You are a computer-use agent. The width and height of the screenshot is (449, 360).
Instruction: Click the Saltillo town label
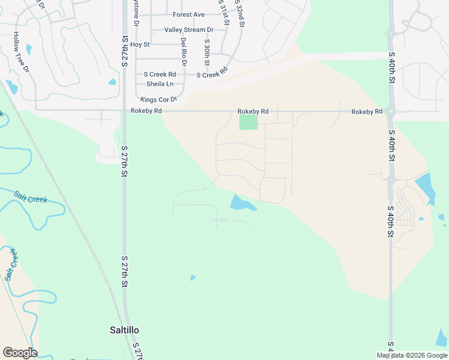tap(124, 330)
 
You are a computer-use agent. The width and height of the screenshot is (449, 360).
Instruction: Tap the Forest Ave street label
tap(188, 14)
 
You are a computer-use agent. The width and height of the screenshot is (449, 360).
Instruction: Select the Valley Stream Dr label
tap(189, 29)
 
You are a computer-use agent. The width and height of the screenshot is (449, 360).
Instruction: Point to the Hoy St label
tap(139, 44)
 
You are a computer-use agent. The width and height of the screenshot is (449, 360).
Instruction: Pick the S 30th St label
tap(206, 53)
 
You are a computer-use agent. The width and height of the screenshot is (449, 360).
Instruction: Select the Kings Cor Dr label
tap(158, 99)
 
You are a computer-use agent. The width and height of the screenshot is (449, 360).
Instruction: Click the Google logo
tap(20, 353)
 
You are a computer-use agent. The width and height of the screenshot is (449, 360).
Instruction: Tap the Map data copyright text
tap(412, 355)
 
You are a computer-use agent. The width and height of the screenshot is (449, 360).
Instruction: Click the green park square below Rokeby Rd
tap(249, 122)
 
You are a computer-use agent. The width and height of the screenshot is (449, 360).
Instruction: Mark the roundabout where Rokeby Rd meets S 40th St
tap(391, 111)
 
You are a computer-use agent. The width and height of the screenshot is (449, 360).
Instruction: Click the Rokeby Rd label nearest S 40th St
tap(367, 112)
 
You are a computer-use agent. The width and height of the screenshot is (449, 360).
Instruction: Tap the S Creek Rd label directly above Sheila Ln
tap(155, 74)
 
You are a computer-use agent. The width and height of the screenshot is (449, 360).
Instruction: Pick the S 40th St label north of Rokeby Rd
tap(391, 71)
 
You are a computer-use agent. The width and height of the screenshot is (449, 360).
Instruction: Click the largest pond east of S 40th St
tap(425, 187)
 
